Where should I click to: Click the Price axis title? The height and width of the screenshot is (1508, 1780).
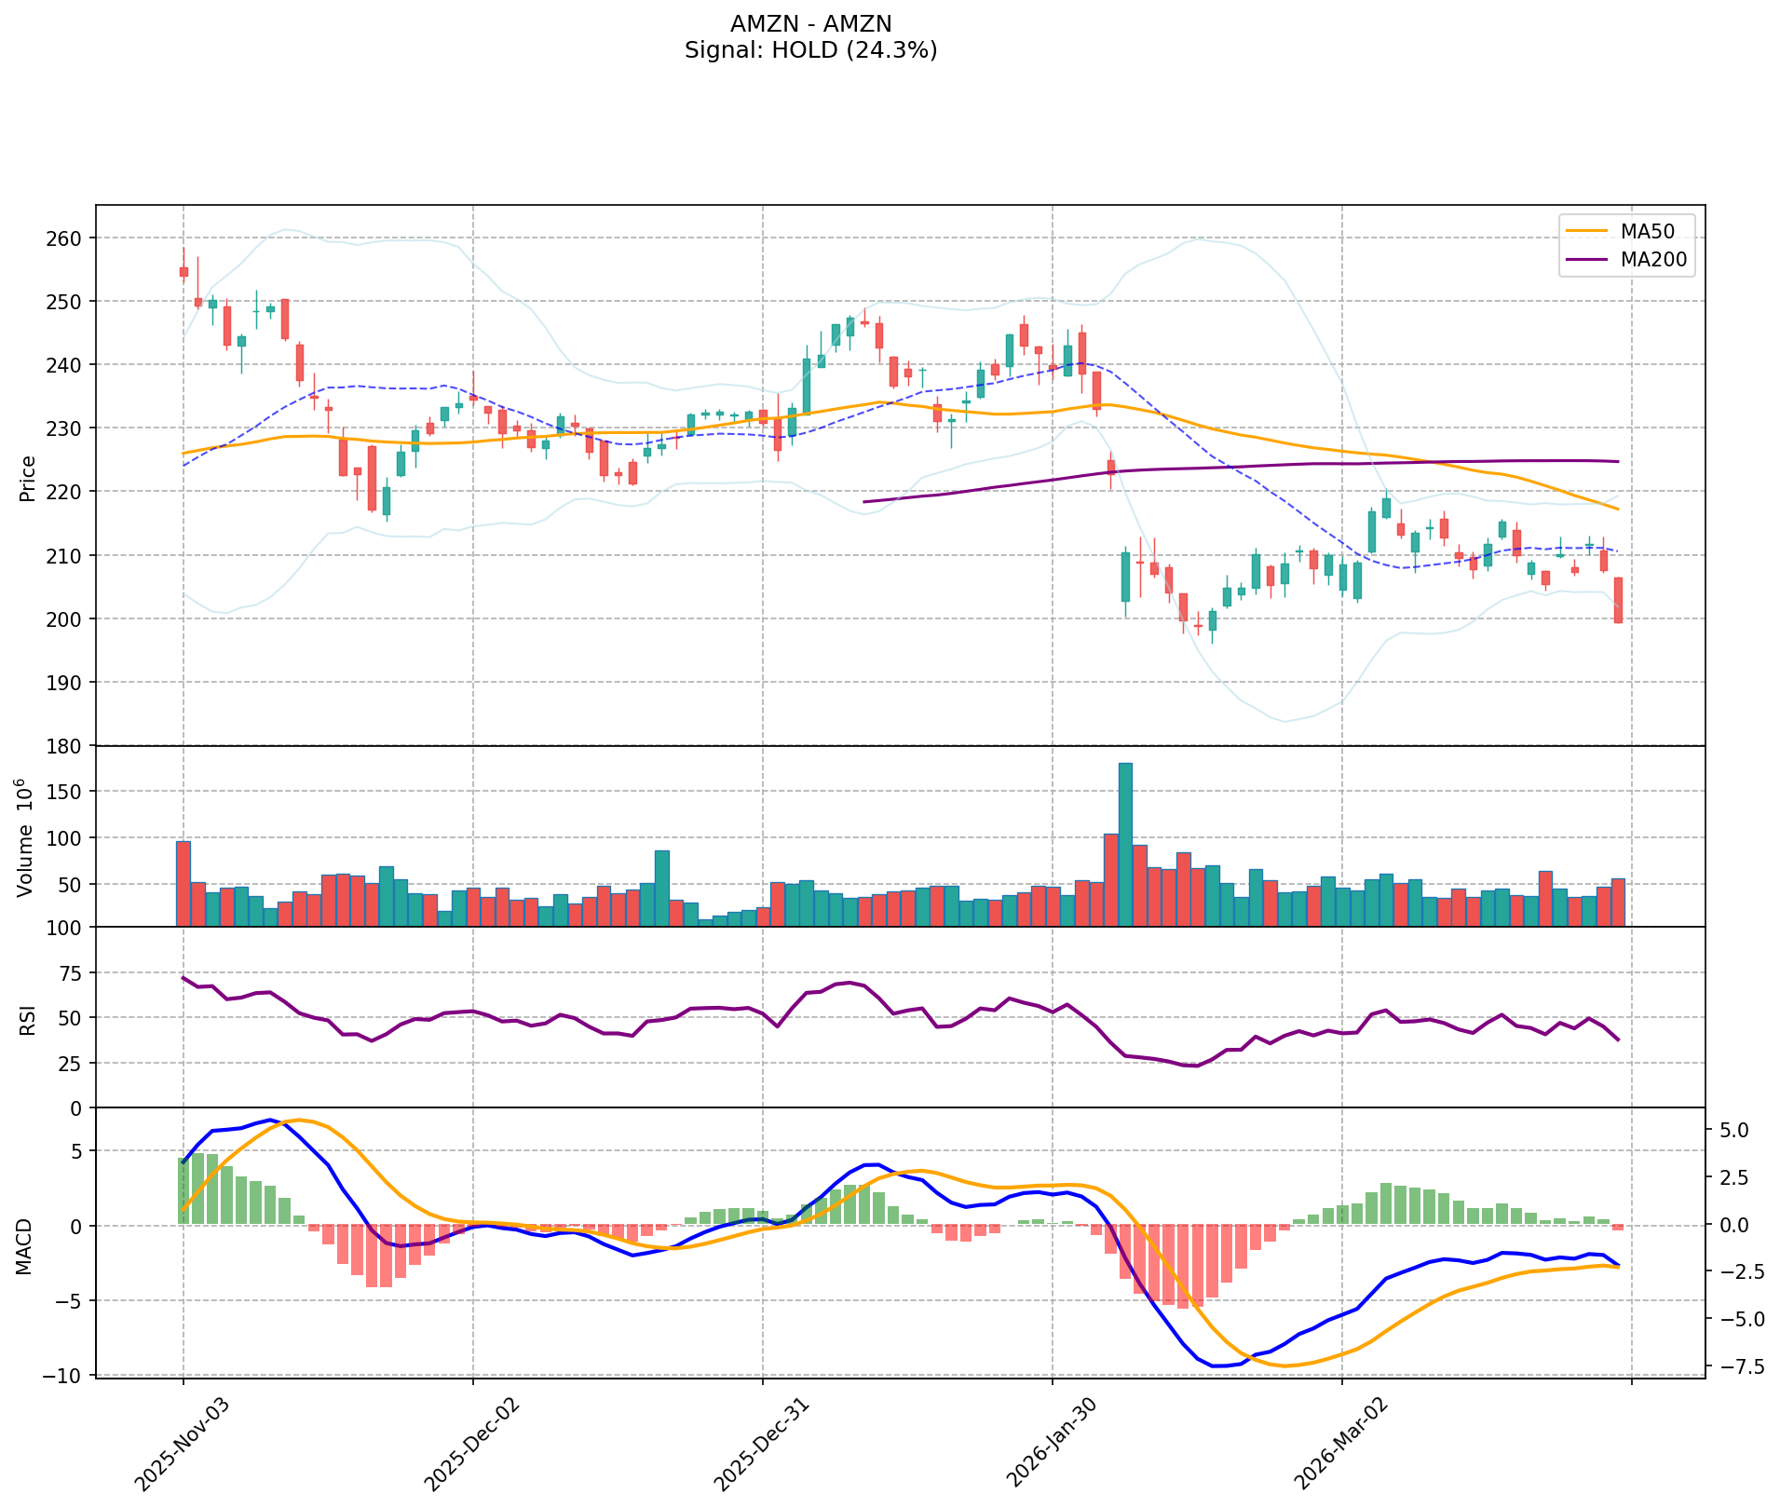point(28,478)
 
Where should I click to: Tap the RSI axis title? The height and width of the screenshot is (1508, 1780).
point(28,1019)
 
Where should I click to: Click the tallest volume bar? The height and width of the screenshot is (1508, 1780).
point(1125,844)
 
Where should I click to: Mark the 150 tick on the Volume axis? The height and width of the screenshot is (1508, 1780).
point(69,792)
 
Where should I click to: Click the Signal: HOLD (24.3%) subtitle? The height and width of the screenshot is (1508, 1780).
point(810,50)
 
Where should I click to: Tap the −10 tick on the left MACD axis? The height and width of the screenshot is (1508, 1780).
point(65,1376)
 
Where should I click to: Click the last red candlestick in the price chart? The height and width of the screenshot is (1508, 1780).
point(1618,600)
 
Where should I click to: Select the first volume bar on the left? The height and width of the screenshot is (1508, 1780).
point(183,884)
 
